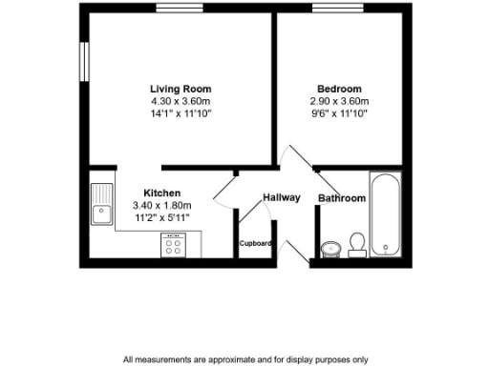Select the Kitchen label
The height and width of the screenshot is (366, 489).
click(161, 193)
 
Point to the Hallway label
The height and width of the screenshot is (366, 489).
click(282, 197)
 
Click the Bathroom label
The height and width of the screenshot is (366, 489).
click(342, 198)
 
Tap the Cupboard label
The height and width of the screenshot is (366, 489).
click(256, 243)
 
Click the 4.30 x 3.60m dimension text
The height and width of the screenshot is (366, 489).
click(180, 101)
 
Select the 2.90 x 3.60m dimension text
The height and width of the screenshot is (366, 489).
click(339, 101)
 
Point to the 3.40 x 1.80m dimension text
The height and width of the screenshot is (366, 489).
click(161, 205)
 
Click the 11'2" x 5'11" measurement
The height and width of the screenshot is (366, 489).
click(161, 217)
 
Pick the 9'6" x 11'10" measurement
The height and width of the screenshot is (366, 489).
click(339, 113)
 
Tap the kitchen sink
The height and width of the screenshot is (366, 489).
click(100, 203)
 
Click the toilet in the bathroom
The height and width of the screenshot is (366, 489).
click(357, 244)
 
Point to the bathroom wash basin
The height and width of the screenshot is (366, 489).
click(331, 249)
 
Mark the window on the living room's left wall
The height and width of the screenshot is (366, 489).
click(84, 64)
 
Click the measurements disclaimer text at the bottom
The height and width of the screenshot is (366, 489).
click(245, 359)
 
